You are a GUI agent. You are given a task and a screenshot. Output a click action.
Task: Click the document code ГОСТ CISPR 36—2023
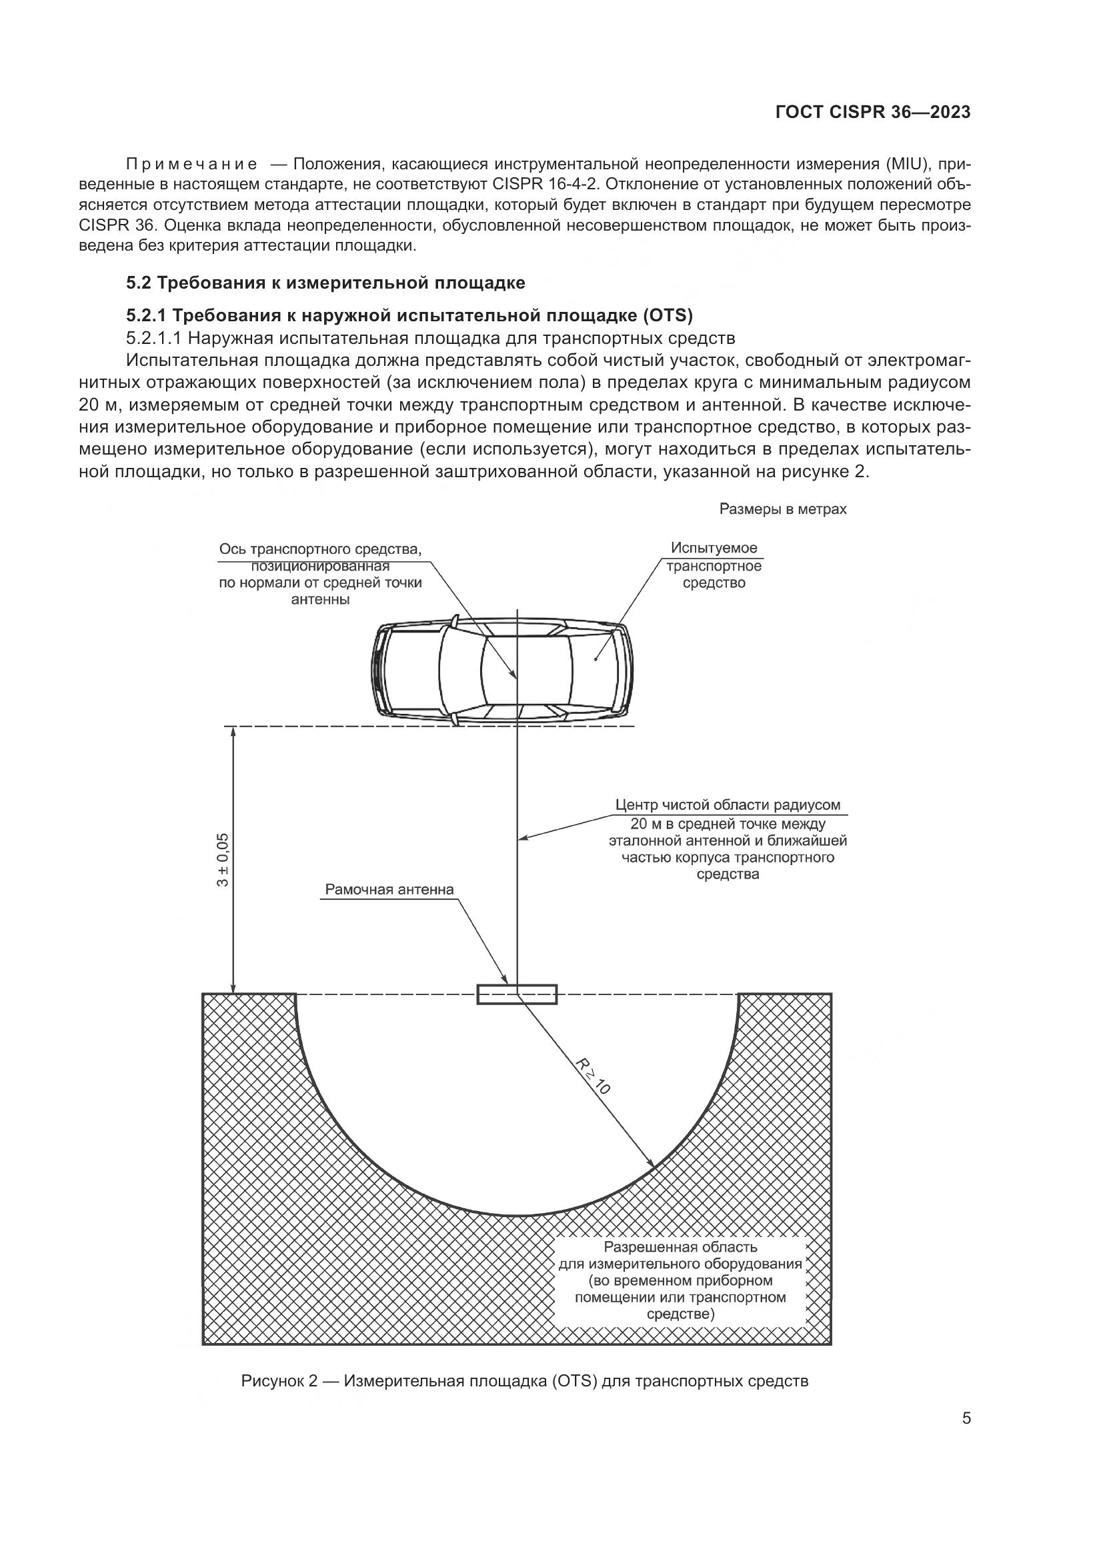[x=872, y=113]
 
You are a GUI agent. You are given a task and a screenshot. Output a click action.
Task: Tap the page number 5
[x=966, y=1418]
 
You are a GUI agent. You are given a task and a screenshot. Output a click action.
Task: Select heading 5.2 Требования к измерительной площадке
[x=325, y=283]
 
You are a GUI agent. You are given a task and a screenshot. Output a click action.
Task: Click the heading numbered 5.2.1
[x=409, y=315]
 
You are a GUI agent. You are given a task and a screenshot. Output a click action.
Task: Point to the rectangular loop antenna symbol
[x=517, y=994]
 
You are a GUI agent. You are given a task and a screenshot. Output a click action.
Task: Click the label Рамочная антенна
[x=389, y=890]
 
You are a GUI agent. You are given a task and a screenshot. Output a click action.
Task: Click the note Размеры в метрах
[x=782, y=509]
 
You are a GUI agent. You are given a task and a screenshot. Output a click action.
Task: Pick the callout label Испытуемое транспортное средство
[x=714, y=565]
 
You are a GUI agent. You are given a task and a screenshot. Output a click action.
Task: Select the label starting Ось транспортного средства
[x=321, y=574]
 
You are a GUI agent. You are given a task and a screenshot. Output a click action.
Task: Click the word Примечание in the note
[x=191, y=165]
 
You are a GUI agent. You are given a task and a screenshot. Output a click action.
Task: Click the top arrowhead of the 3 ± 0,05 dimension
[x=233, y=732]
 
